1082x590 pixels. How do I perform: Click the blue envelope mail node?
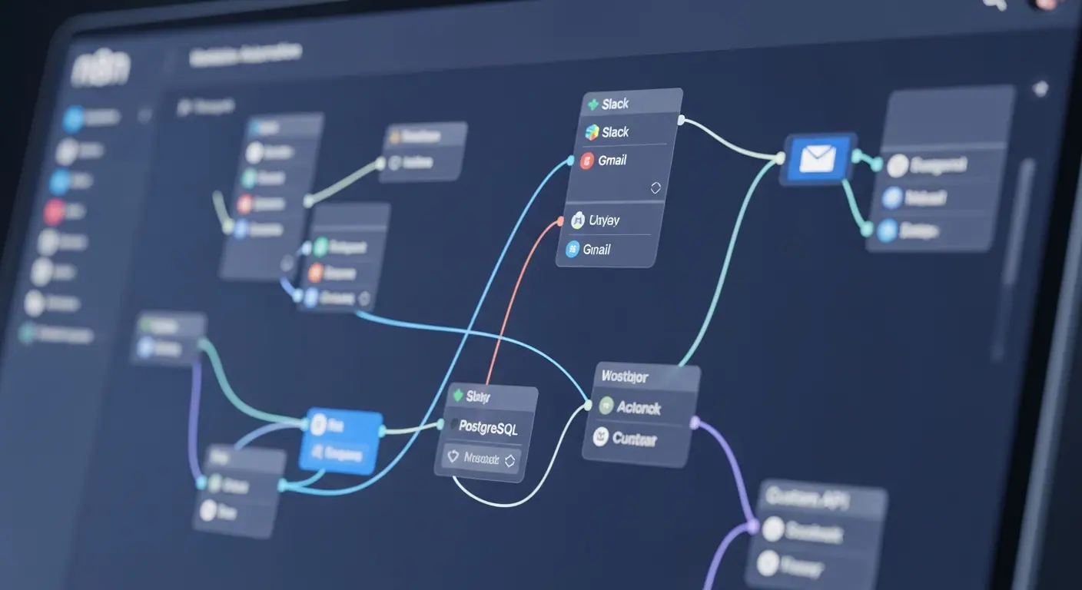(x=818, y=159)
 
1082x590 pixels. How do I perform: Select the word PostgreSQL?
(x=487, y=427)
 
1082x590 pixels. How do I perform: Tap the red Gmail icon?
(x=587, y=161)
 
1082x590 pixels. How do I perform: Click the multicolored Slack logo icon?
(x=592, y=132)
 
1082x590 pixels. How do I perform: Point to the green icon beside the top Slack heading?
(x=592, y=104)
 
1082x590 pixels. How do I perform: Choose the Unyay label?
(x=604, y=220)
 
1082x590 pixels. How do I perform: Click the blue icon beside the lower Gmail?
(x=573, y=249)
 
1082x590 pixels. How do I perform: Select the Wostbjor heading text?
(x=624, y=376)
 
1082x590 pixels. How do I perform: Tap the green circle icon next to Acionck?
(x=606, y=406)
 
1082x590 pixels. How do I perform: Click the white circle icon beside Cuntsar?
(x=601, y=437)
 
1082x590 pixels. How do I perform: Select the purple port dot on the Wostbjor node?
(x=695, y=422)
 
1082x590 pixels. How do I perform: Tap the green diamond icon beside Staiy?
(x=459, y=396)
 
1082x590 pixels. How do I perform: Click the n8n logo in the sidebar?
(x=100, y=69)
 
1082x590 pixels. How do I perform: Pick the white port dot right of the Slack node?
(x=681, y=121)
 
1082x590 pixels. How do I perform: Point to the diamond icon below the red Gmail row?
(x=656, y=187)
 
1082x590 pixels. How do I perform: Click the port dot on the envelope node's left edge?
(x=781, y=158)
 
